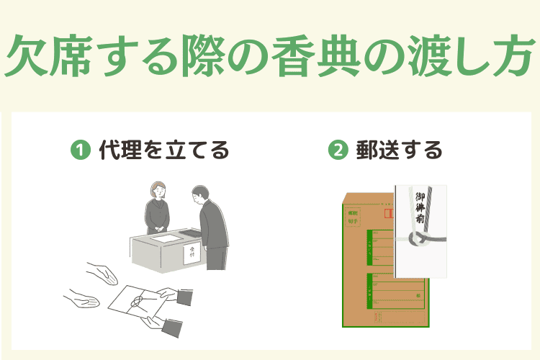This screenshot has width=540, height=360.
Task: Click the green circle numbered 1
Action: pos(78,150)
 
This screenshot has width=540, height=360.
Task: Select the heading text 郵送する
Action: pos(399,150)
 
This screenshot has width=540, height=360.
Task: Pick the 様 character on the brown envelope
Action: pos(416,294)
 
